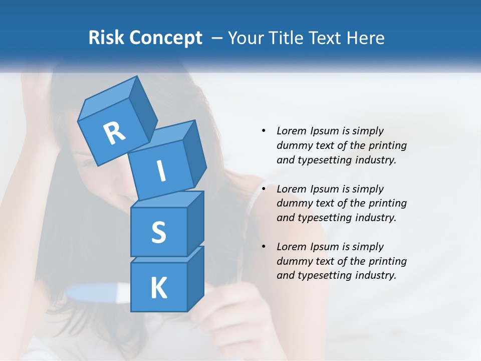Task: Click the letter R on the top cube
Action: point(114,134)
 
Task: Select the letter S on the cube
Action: point(158,232)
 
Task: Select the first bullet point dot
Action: point(264,131)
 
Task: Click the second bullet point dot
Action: point(264,189)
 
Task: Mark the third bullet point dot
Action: point(264,247)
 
